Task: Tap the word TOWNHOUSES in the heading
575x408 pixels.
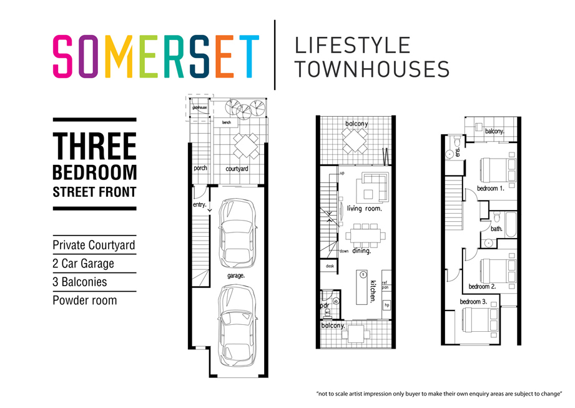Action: [371, 69]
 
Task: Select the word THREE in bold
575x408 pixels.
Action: [94, 146]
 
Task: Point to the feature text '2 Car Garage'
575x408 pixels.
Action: [83, 264]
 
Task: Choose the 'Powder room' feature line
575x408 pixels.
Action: [84, 300]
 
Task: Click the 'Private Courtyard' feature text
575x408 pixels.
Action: [94, 245]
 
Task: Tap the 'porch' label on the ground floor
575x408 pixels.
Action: [200, 168]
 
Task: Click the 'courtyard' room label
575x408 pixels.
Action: [237, 169]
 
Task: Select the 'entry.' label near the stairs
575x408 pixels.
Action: [200, 205]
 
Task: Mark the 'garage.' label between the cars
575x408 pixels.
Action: [236, 275]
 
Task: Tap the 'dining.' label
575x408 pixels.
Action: [361, 251]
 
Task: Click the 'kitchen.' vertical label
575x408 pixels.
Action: [373, 292]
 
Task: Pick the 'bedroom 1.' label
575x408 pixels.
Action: [491, 188]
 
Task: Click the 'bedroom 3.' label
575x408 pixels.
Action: [473, 302]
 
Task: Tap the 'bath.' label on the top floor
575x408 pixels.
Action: [496, 229]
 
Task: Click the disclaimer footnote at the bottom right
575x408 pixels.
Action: [440, 394]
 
